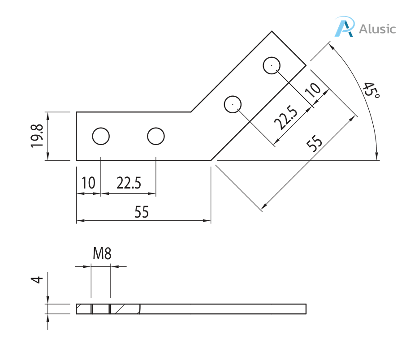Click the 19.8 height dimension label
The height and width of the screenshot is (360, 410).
point(37,136)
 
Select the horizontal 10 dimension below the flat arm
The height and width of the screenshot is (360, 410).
point(88,183)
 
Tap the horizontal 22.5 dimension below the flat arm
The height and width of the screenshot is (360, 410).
point(129,183)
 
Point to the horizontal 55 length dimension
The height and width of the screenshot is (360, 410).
point(142,212)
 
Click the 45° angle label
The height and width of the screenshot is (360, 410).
point(371,91)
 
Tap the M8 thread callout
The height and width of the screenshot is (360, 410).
point(102,254)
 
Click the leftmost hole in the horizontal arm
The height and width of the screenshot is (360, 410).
point(101,136)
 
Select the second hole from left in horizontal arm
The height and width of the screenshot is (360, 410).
point(155,136)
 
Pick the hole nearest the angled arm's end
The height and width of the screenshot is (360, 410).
point(272,65)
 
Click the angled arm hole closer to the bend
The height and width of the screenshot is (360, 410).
point(233,104)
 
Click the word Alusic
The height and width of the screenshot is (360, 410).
point(378,30)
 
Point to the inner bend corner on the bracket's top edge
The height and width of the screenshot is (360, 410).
point(191,112)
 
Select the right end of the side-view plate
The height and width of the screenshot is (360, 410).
point(306,309)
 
